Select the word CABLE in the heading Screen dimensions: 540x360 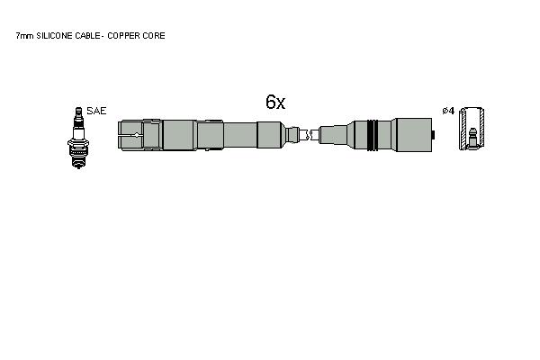tap(88, 36)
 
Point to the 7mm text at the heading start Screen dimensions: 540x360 tap(25, 36)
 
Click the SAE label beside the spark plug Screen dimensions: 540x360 tap(96, 111)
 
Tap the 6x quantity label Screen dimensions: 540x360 tap(275, 102)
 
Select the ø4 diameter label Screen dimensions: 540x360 tap(448, 111)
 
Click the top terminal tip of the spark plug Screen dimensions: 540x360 tap(78, 111)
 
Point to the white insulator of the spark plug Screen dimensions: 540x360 tap(78, 133)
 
